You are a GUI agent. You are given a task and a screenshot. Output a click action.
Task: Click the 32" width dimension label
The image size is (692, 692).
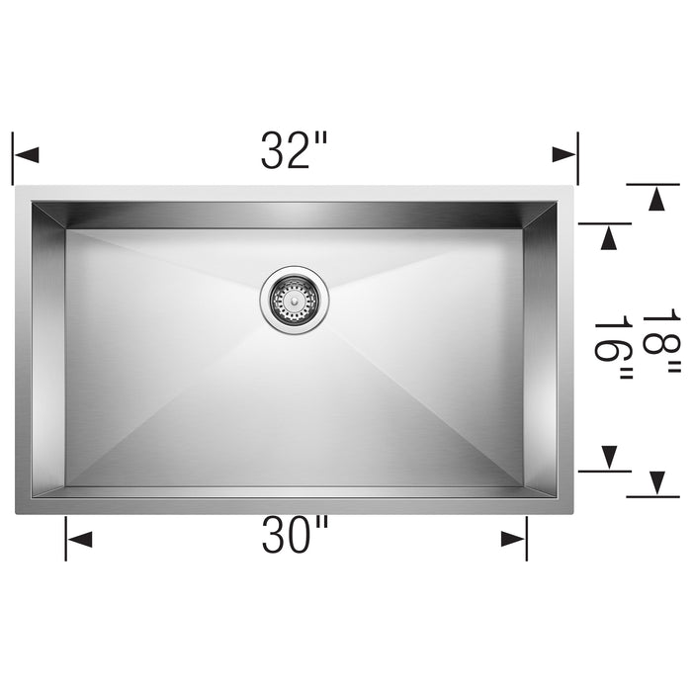click(x=294, y=150)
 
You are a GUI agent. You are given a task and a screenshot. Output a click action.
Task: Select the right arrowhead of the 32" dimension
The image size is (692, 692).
click(x=564, y=155)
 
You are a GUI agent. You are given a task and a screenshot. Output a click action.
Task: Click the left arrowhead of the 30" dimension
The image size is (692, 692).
click(x=79, y=539)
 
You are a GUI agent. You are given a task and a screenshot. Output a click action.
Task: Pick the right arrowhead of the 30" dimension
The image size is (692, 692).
click(x=513, y=539)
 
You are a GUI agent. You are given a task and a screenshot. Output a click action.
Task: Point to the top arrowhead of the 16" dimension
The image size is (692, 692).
click(x=609, y=237)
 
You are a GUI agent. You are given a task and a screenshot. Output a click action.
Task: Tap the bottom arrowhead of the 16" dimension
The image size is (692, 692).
click(x=609, y=457)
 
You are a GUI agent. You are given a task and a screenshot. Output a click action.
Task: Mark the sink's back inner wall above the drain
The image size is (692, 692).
click(x=293, y=216)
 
